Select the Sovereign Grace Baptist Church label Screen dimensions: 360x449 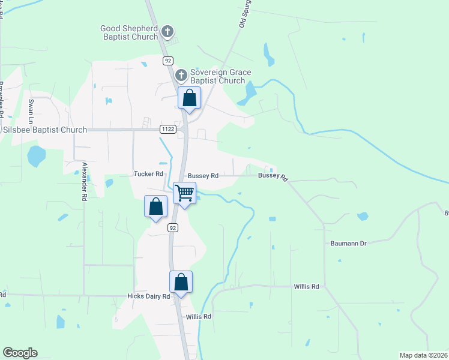click(x=217, y=77)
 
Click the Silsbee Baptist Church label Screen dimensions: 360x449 click(x=45, y=130)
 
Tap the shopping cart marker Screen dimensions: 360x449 click(x=184, y=194)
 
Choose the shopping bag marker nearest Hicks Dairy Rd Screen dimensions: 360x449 click(x=181, y=282)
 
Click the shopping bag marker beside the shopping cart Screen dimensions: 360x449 click(x=155, y=207)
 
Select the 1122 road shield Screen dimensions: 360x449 click(x=167, y=129)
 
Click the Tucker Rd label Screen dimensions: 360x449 click(x=148, y=174)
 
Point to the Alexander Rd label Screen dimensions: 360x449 click(x=85, y=181)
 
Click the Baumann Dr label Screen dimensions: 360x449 click(x=348, y=243)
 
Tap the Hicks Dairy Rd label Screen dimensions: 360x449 click(x=149, y=296)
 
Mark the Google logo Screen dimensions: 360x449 click(x=20, y=353)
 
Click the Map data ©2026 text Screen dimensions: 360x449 click(x=423, y=355)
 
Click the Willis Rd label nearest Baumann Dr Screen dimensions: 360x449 click(x=306, y=287)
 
